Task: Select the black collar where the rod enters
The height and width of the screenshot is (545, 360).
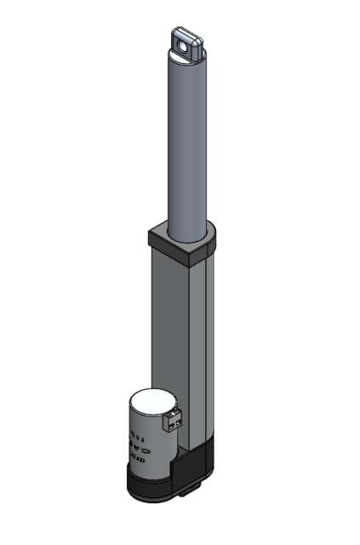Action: (181, 243)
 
